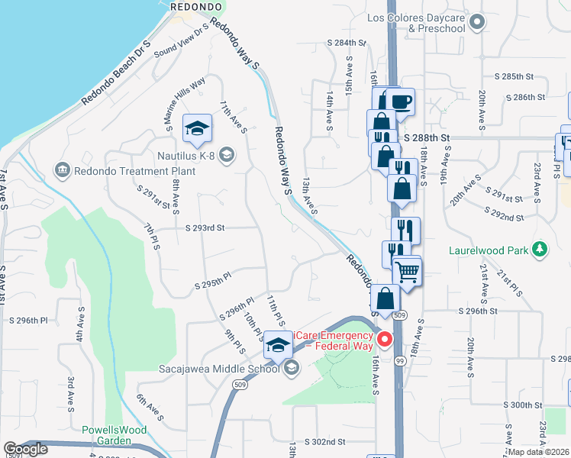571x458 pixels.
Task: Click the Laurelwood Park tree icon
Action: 540,249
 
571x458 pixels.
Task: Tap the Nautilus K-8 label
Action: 182,156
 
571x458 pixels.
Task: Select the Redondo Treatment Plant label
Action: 135,170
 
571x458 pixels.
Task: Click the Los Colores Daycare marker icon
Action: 478,21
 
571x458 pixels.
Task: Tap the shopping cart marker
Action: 408,270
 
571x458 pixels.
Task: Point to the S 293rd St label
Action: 205,227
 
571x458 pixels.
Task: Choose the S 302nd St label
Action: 325,441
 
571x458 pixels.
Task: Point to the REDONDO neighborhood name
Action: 196,5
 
